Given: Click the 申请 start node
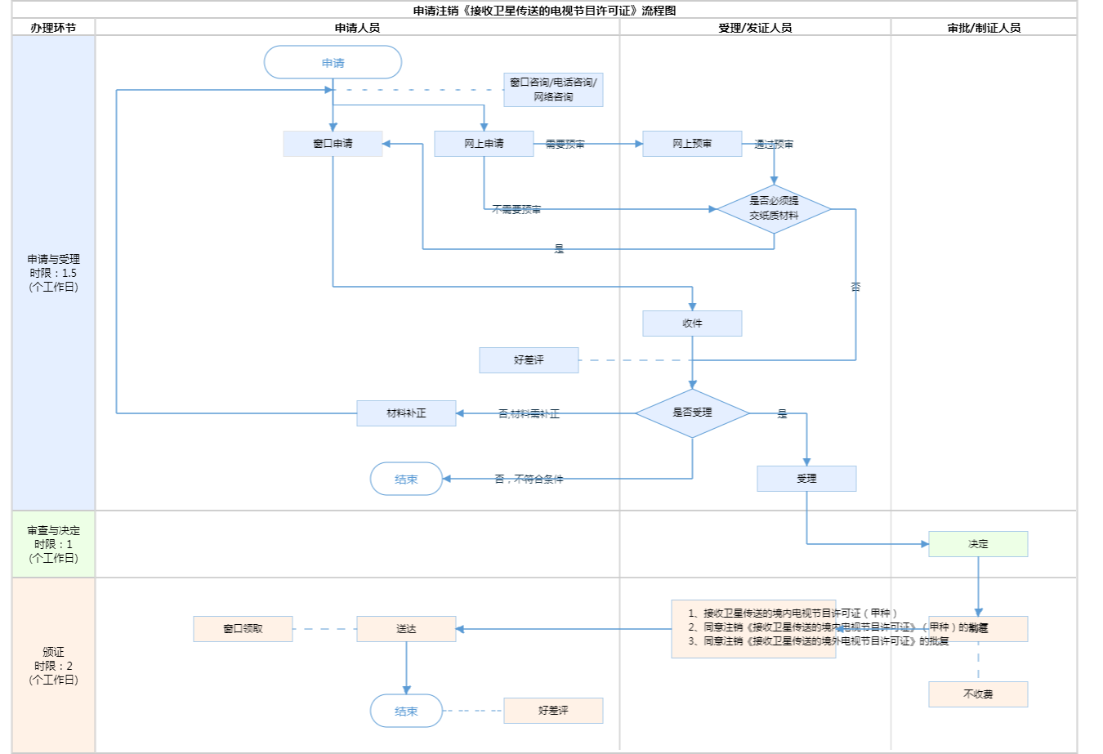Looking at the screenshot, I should pyautogui.click(x=333, y=63).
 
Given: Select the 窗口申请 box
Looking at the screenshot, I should pyautogui.click(x=333, y=144).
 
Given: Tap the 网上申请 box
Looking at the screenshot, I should pyautogui.click(x=484, y=144).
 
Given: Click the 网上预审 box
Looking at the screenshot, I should pyautogui.click(x=692, y=144).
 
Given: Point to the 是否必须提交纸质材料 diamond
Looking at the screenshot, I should pyautogui.click(x=774, y=209).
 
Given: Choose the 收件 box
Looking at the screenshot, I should pyautogui.click(x=692, y=323).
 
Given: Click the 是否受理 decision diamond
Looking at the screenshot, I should pyautogui.click(x=692, y=413).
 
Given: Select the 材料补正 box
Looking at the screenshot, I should pyautogui.click(x=406, y=413).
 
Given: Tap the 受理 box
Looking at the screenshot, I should pyautogui.click(x=806, y=479).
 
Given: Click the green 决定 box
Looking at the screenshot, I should pyautogui.click(x=978, y=544).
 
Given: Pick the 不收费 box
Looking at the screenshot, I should pyautogui.click(x=978, y=694).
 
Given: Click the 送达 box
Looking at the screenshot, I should pyautogui.click(x=406, y=629).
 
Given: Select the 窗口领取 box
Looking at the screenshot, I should pyautogui.click(x=243, y=629).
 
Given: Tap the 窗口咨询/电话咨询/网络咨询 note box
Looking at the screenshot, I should pyautogui.click(x=553, y=90).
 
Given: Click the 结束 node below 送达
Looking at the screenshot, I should pyautogui.click(x=406, y=711).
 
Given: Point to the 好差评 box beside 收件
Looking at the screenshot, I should pyautogui.click(x=529, y=360).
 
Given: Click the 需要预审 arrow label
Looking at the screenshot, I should pyautogui.click(x=565, y=145).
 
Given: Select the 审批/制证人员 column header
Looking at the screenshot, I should pyautogui.click(x=984, y=28).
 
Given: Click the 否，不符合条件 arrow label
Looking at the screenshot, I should pyautogui.click(x=529, y=480).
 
